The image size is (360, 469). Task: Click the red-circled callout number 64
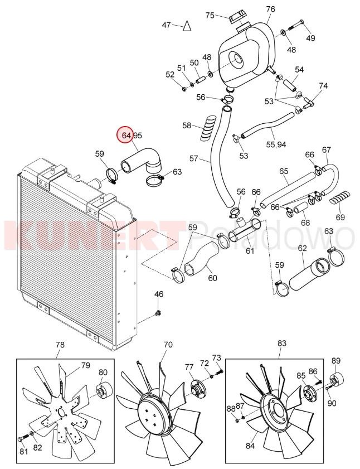coord(127,136)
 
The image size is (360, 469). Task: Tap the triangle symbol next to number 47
coord(187,26)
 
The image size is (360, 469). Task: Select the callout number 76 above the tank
coord(270,9)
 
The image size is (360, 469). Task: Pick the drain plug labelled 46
coord(158,313)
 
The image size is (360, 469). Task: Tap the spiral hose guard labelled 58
coord(208,128)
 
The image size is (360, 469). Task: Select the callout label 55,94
coord(276,145)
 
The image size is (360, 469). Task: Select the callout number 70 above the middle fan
coord(168,345)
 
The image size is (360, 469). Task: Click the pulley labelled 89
coord(336,379)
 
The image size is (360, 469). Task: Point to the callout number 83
coord(281,343)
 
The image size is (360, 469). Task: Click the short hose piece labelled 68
coord(301,207)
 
